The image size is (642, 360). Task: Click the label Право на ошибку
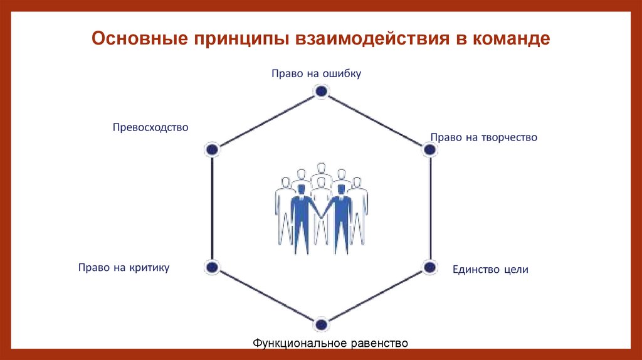(317, 73)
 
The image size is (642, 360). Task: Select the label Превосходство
(150, 127)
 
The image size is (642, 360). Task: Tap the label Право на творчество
(484, 137)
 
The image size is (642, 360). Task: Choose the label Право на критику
(124, 267)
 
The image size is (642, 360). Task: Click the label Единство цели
(490, 270)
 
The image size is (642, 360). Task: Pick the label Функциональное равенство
(330, 343)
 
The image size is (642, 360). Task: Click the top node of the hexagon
(321, 92)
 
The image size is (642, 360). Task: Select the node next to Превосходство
(213, 149)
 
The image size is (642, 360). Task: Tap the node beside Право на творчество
(429, 149)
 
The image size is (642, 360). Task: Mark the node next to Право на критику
(213, 267)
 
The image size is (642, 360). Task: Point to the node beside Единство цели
(429, 267)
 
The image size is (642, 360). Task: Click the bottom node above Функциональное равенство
(321, 324)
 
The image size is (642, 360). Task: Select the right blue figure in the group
(342, 216)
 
